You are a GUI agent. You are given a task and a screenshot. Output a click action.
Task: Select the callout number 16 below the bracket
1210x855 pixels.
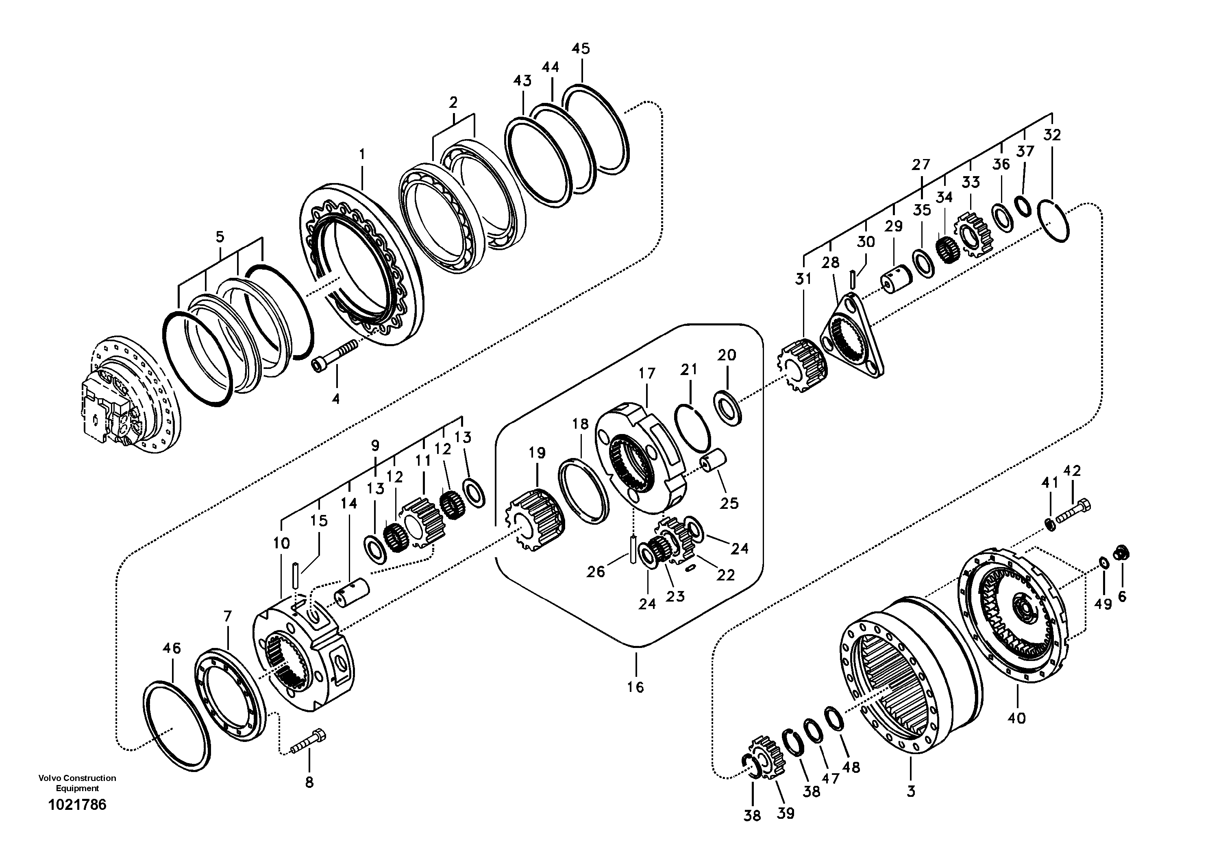635,687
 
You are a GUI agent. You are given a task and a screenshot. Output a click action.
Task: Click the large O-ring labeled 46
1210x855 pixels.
176,724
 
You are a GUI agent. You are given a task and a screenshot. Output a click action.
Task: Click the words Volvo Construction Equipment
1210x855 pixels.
77,783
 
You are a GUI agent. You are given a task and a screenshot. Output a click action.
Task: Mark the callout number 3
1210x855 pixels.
911,791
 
